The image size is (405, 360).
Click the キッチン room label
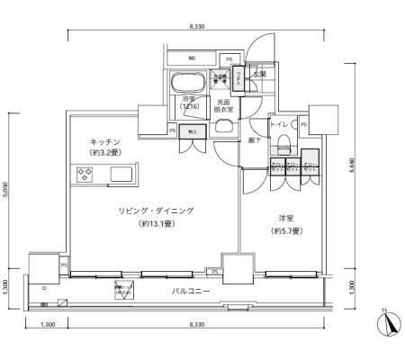click(107, 142)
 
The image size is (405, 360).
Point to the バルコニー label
click(193, 292)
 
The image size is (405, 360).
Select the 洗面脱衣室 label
click(221, 107)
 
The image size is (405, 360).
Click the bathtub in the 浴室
click(188, 80)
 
